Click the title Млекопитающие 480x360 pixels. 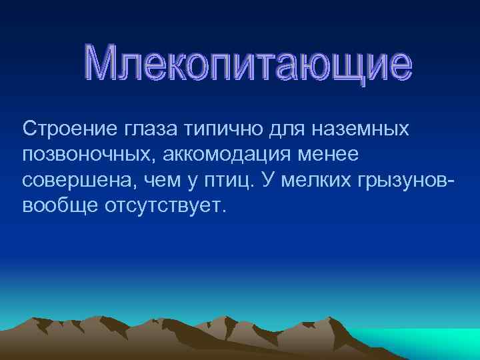point(249,64)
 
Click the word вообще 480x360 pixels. point(58,205)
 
